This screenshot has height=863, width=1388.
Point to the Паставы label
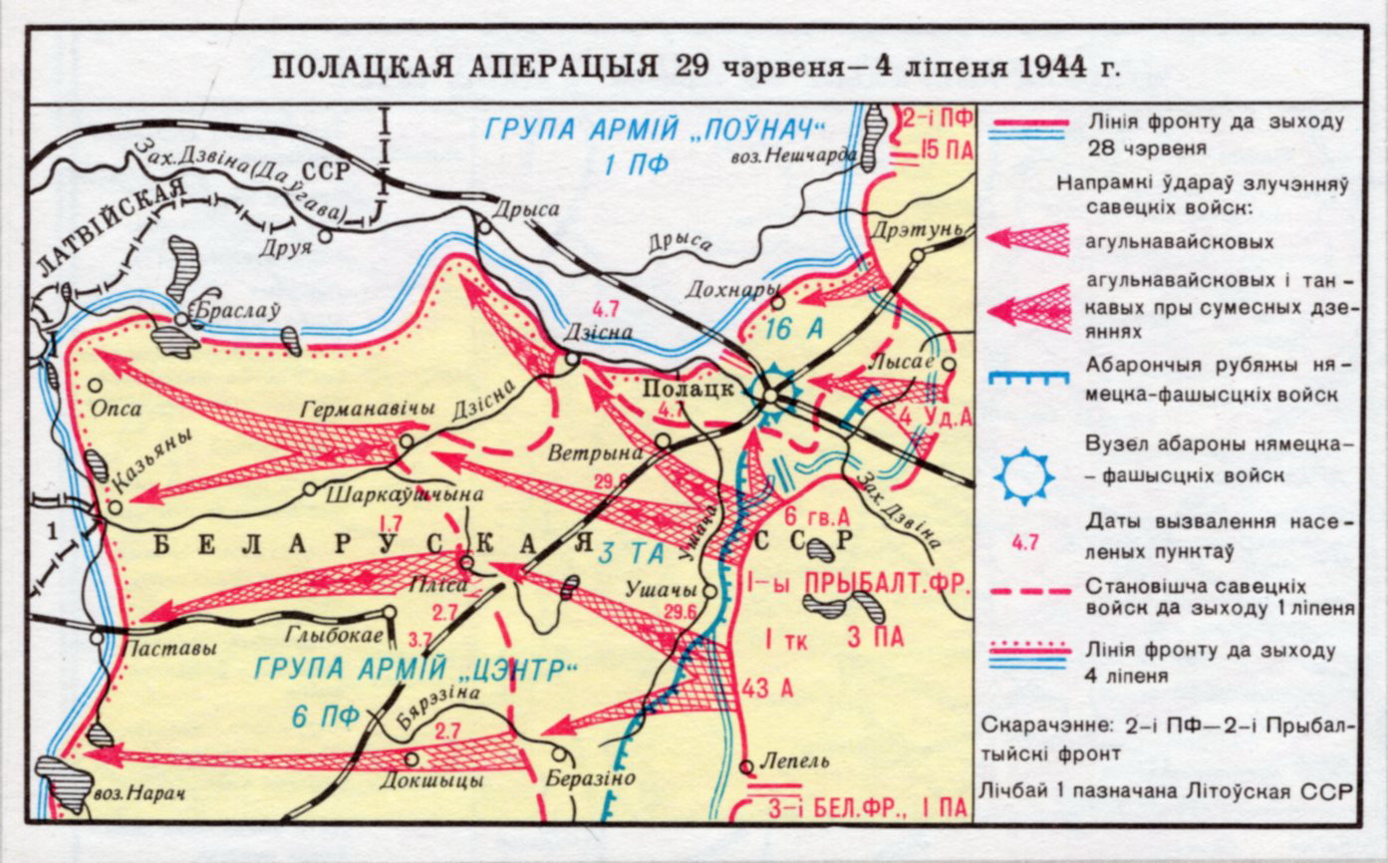coord(167,648)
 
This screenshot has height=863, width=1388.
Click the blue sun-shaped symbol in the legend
coord(1023,476)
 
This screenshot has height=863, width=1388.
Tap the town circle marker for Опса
coord(96,385)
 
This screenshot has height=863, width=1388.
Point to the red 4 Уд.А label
coord(934,416)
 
